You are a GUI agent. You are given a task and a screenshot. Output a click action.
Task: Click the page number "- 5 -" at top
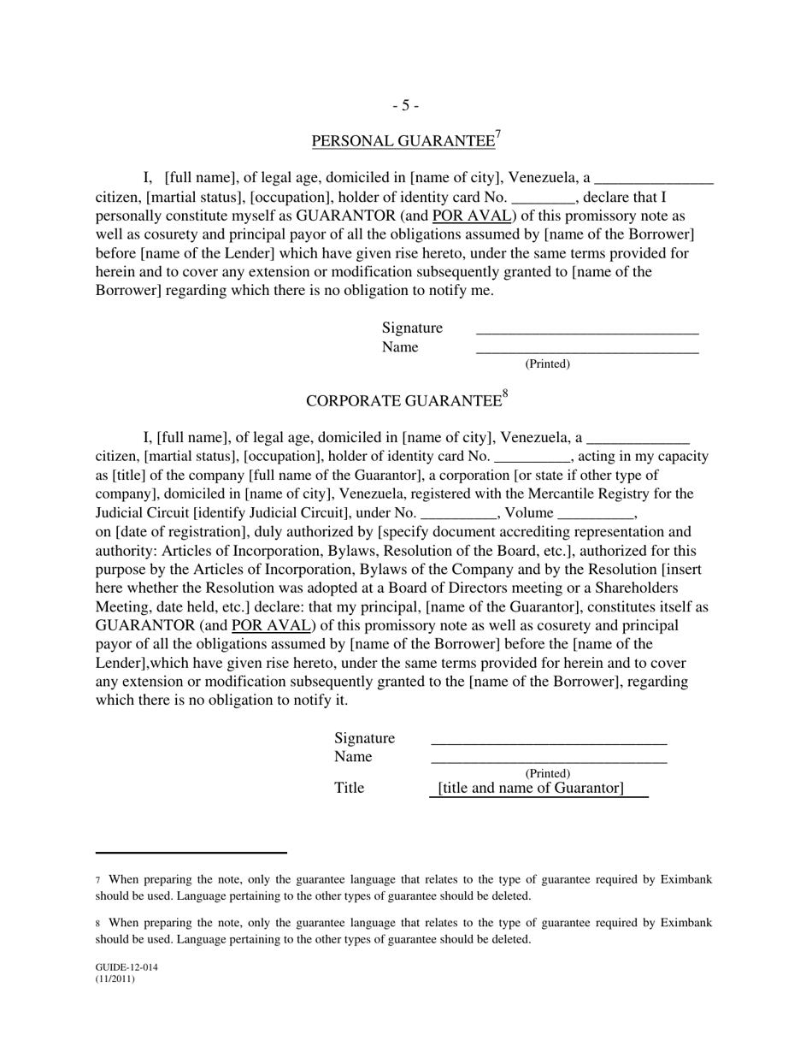(x=405, y=105)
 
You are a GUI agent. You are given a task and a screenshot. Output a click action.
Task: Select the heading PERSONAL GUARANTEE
(x=403, y=141)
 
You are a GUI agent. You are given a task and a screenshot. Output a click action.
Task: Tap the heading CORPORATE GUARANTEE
(x=403, y=401)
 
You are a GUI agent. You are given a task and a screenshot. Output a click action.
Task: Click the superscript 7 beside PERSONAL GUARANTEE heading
(x=498, y=134)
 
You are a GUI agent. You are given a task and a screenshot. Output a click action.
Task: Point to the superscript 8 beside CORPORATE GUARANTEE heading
(x=505, y=394)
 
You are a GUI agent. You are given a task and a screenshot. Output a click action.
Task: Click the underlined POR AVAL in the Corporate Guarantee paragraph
(x=270, y=625)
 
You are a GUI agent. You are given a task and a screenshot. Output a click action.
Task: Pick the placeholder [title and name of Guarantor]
(x=531, y=788)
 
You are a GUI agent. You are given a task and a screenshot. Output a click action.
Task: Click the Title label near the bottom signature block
(x=349, y=788)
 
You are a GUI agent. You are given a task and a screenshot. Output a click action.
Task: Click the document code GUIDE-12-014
(x=127, y=968)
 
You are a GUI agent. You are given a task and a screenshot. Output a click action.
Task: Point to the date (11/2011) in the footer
(x=115, y=979)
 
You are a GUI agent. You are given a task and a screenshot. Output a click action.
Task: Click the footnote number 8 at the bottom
(x=98, y=924)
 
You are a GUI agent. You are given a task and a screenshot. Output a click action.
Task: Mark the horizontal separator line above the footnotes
(x=191, y=853)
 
